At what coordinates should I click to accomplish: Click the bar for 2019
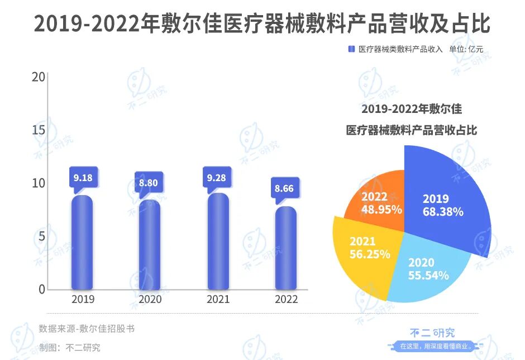tap(83, 242)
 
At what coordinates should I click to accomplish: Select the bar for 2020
tap(150, 244)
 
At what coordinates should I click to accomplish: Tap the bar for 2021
tap(218, 241)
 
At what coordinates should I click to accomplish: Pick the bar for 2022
tap(286, 248)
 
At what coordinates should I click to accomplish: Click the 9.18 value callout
tap(83, 178)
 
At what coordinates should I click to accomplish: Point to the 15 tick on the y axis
tap(39, 130)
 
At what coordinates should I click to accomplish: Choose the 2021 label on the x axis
tap(218, 300)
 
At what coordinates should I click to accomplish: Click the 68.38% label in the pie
tap(443, 212)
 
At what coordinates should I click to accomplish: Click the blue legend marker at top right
tap(351, 49)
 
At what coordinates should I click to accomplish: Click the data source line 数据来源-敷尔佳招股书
tap(87, 329)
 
